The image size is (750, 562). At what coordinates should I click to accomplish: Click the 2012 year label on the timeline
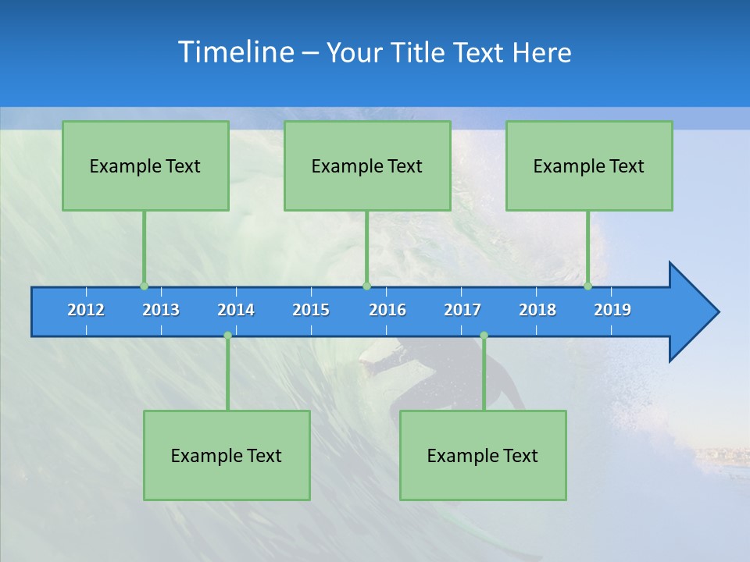tap(86, 310)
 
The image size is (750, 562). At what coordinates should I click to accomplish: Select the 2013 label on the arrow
tap(161, 310)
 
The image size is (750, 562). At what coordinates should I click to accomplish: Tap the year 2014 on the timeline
tap(236, 310)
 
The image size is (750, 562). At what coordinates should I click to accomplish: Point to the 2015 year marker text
tap(311, 310)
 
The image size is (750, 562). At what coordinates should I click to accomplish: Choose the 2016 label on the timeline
tap(387, 310)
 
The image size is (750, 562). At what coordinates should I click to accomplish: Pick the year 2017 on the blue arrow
tap(462, 310)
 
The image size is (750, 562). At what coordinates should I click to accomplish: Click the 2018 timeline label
tap(537, 310)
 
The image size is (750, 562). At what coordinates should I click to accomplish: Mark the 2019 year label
tap(612, 310)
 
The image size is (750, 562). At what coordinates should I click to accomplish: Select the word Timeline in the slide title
tap(235, 52)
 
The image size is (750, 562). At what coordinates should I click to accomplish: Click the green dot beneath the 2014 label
tap(227, 336)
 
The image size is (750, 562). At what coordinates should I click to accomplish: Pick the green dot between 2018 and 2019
tap(587, 286)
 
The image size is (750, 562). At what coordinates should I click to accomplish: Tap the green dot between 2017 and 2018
tap(484, 336)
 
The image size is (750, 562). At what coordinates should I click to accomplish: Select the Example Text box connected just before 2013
tap(145, 165)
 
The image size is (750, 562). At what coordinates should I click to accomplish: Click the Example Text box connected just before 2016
tap(367, 165)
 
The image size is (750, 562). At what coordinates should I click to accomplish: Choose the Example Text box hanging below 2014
tap(227, 455)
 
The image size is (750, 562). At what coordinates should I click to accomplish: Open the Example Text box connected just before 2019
tap(589, 165)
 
